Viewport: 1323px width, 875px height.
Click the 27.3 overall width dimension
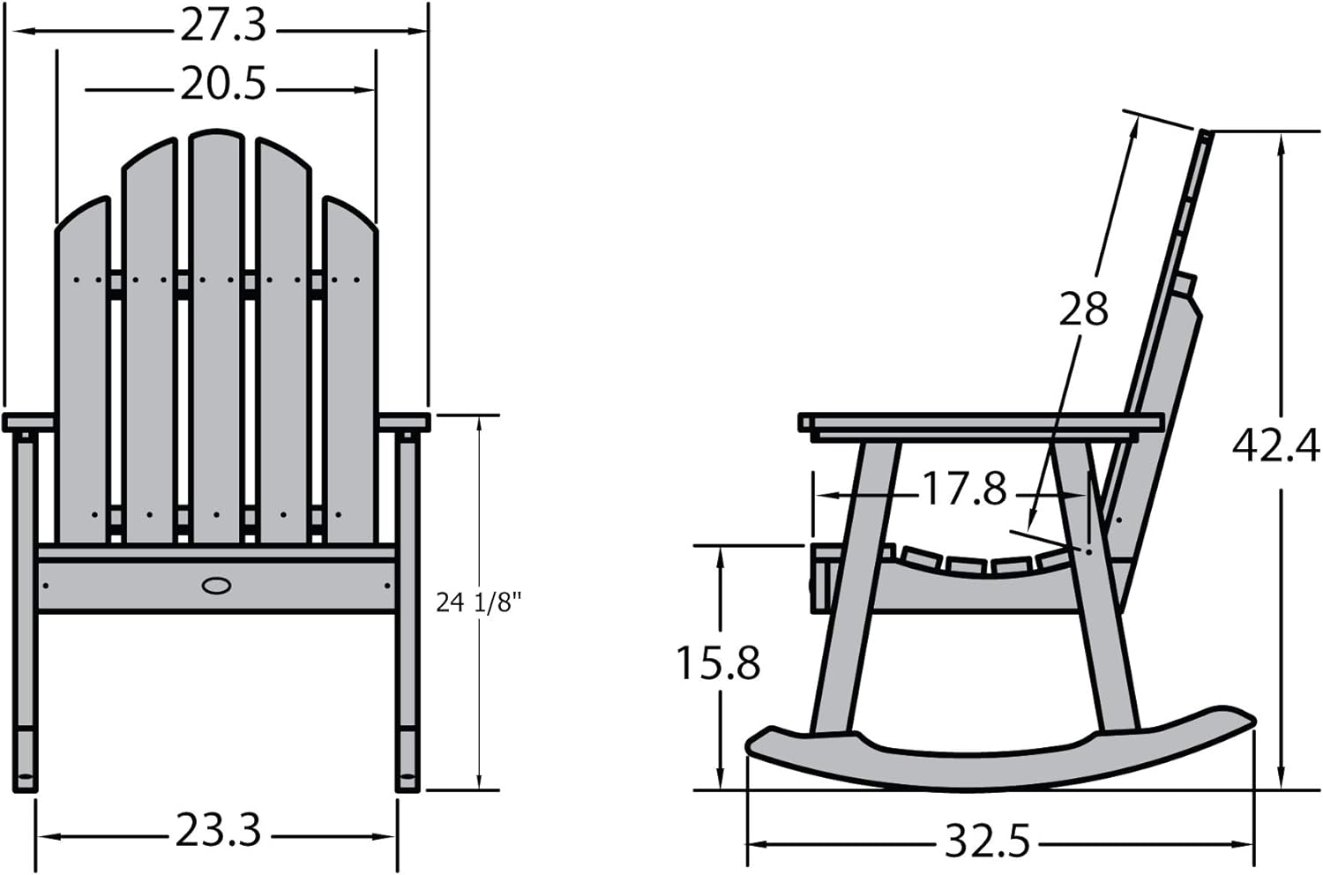222,26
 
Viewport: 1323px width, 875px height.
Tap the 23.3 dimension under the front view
217,830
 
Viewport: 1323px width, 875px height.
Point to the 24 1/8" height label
479,603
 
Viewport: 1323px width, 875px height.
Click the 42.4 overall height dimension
1275,446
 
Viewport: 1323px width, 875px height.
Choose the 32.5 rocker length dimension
987,841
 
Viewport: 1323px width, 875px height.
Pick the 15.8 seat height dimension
718,663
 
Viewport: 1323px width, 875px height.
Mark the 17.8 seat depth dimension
964,489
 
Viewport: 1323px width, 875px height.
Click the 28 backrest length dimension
1082,309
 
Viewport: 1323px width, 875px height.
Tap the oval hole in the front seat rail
216,586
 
